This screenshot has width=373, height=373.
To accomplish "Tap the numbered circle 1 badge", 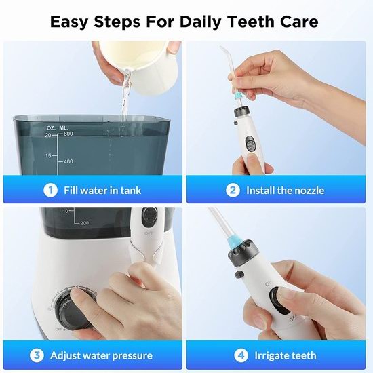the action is (50, 191).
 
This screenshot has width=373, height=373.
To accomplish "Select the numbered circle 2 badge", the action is (233, 191).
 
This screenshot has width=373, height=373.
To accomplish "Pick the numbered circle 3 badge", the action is (37, 355).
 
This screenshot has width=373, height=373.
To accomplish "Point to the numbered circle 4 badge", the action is (241, 355).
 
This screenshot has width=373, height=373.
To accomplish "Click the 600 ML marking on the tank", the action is (68, 134).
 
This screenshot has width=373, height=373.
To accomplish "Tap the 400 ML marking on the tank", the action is (68, 161).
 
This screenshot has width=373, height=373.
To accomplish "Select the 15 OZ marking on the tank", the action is (48, 156).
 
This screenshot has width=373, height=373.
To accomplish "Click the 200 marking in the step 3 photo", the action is (85, 223).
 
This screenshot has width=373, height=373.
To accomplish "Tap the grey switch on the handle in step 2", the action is (250, 144).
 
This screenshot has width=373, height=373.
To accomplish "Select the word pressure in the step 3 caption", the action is (132, 356).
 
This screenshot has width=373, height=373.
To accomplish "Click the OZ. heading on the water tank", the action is (51, 128).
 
